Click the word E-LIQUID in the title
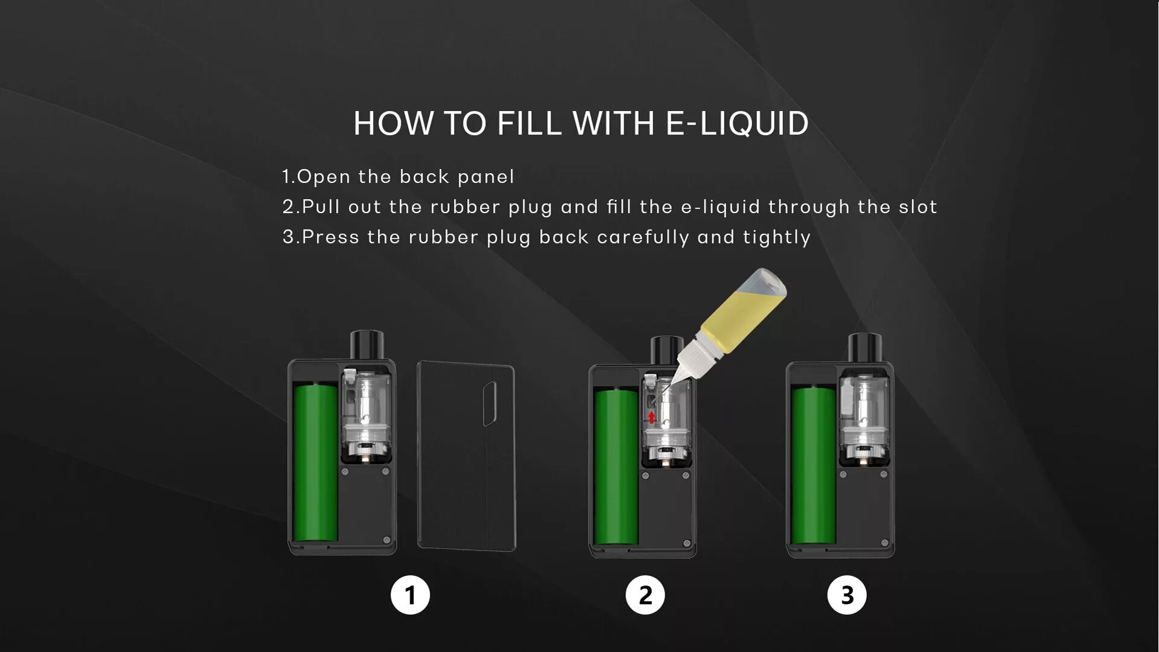737,123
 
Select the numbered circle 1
410,595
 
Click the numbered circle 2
645,595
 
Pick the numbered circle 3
847,595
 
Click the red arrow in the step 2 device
651,417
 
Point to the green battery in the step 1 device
316,462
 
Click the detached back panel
466,456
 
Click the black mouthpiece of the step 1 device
367,345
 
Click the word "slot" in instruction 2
918,206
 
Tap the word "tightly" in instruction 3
777,237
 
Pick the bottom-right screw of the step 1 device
387,540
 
